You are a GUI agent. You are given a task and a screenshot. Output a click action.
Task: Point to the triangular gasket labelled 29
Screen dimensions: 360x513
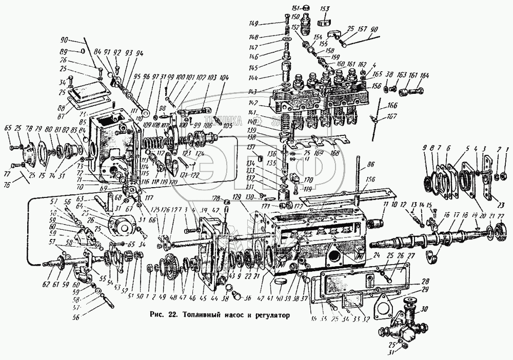click(384, 304)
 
